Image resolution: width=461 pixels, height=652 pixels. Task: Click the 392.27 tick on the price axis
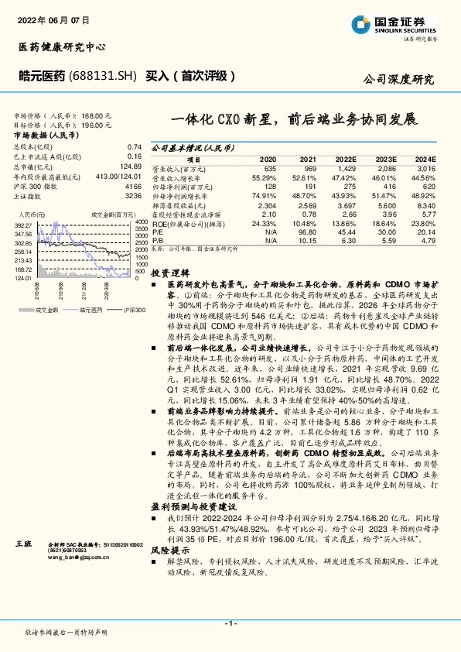tap(22, 225)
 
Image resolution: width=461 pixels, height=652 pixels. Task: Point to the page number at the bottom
tap(230, 623)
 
